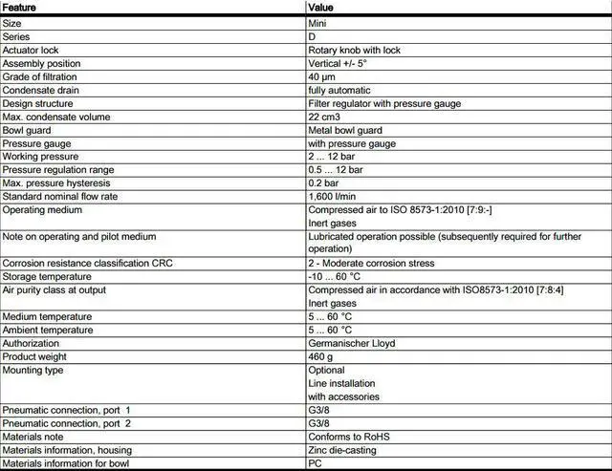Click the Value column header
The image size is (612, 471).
(x=321, y=8)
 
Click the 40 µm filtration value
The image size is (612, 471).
(x=320, y=76)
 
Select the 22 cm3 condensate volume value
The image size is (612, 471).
(x=324, y=117)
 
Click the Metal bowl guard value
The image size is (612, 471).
(x=345, y=130)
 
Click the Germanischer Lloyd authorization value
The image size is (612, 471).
(x=352, y=343)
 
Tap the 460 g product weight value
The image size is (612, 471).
(x=320, y=356)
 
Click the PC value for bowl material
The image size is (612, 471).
(x=314, y=463)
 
